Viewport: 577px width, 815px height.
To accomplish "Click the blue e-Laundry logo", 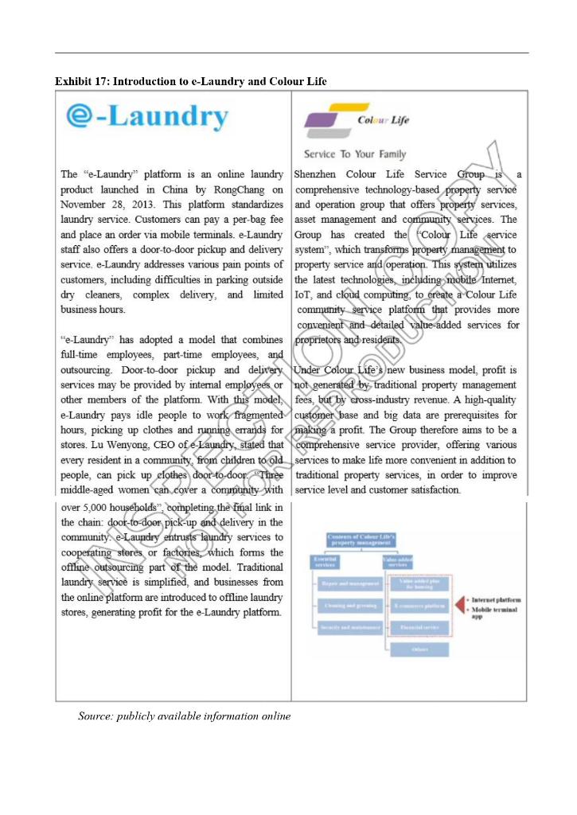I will [x=146, y=117].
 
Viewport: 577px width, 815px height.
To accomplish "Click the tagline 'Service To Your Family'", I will [x=354, y=154].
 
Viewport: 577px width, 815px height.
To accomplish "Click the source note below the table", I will [x=184, y=716].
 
